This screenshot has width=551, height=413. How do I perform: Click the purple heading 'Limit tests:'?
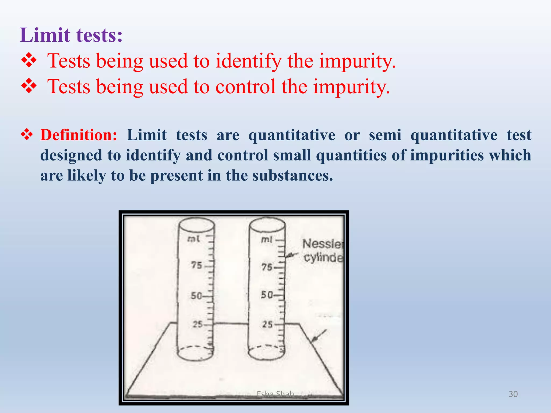pos(71,35)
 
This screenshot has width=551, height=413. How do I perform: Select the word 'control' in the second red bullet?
pos(245,87)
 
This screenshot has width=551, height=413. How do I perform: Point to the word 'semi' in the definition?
pos(385,135)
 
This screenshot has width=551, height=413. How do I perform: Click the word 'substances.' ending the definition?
pos(292,176)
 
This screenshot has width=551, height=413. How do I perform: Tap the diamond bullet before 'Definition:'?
pos(27,134)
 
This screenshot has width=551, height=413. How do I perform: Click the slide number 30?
pos(513,394)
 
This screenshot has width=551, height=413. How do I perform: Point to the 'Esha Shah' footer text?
pos(275,394)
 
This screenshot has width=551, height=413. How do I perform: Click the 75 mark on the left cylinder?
pos(197,265)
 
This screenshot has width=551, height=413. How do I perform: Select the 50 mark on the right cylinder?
pos(267,295)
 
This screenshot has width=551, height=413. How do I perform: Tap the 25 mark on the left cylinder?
pos(198,324)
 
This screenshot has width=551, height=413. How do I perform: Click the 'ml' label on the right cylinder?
pos(267,239)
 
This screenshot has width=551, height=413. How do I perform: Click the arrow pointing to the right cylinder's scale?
pos(292,255)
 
